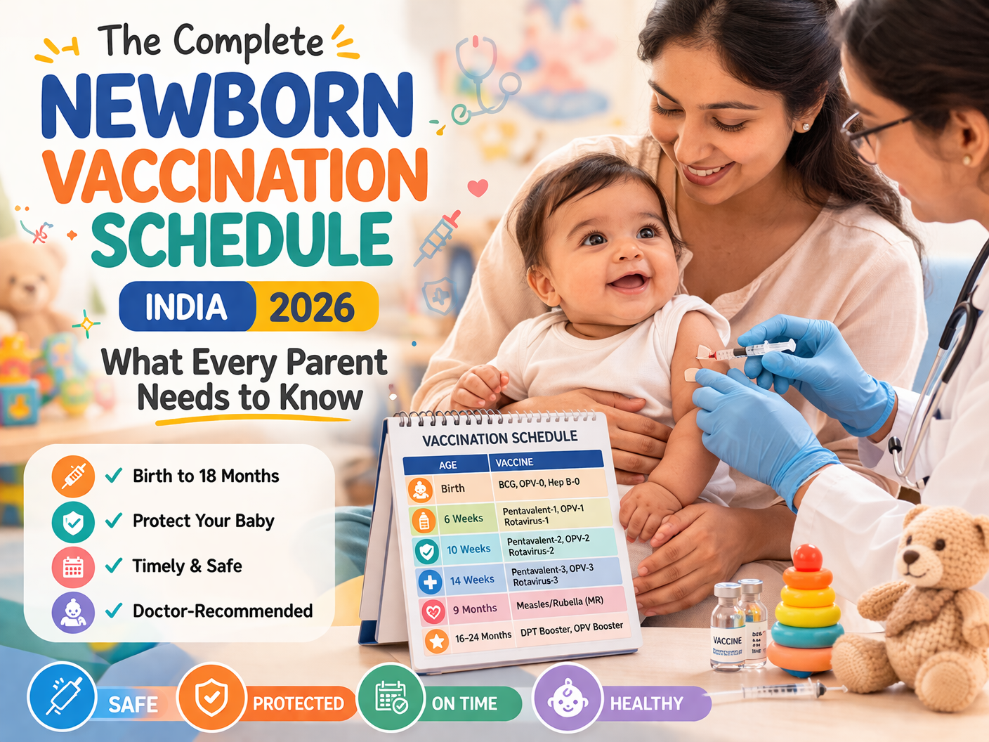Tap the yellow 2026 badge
[x=313, y=307]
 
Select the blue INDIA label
[x=186, y=307]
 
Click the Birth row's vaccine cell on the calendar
[x=539, y=483]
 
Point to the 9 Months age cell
[x=474, y=609]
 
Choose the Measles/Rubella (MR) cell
[x=560, y=603]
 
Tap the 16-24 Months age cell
[x=483, y=637]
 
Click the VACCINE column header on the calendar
[x=515, y=462]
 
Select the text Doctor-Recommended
[x=223, y=611]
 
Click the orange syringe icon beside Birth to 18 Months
[x=73, y=476]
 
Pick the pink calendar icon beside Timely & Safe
[x=73, y=567]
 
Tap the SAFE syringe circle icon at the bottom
[x=62, y=697]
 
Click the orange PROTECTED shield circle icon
[x=211, y=697]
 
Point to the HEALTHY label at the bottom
[x=646, y=703]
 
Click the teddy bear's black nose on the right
[x=911, y=557]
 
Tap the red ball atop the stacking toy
[x=807, y=557]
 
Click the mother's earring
[x=806, y=127]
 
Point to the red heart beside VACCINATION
[x=478, y=188]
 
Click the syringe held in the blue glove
[x=752, y=349]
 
